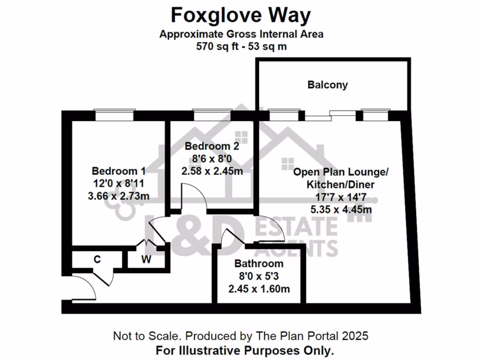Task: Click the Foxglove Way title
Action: coord(240,15)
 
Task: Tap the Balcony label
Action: coord(328,85)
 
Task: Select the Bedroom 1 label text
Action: coord(119,171)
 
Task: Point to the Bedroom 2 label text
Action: coord(211,146)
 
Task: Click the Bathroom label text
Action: coord(259,263)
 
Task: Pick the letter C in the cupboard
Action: coord(97,259)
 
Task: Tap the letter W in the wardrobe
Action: coord(146,260)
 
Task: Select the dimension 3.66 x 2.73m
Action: coord(119,196)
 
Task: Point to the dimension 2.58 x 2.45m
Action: coord(212,171)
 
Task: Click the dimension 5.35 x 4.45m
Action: coord(341,210)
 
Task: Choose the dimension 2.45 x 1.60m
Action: coord(259,289)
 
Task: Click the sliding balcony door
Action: coord(330,113)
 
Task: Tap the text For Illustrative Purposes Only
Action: coord(245,350)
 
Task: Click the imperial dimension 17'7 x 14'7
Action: coord(341,197)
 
